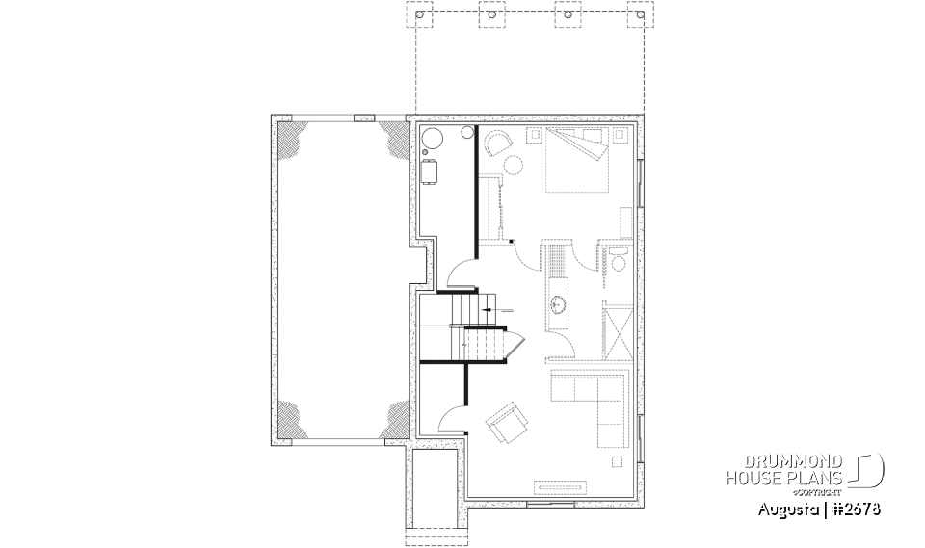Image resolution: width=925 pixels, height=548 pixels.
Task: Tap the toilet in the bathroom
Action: [618, 255]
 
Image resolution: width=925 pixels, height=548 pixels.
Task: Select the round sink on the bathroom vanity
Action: [560, 306]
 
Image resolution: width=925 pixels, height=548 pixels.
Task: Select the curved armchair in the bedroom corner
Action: [498, 144]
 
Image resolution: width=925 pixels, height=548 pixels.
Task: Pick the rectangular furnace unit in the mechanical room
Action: [430, 172]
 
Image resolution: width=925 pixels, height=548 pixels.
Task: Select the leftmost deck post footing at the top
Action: [417, 16]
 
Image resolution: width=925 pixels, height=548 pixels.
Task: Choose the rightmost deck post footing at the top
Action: [635, 16]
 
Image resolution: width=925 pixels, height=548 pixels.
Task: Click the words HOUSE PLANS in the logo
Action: [782, 478]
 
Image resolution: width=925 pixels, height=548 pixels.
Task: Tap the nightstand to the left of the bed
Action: [534, 137]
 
